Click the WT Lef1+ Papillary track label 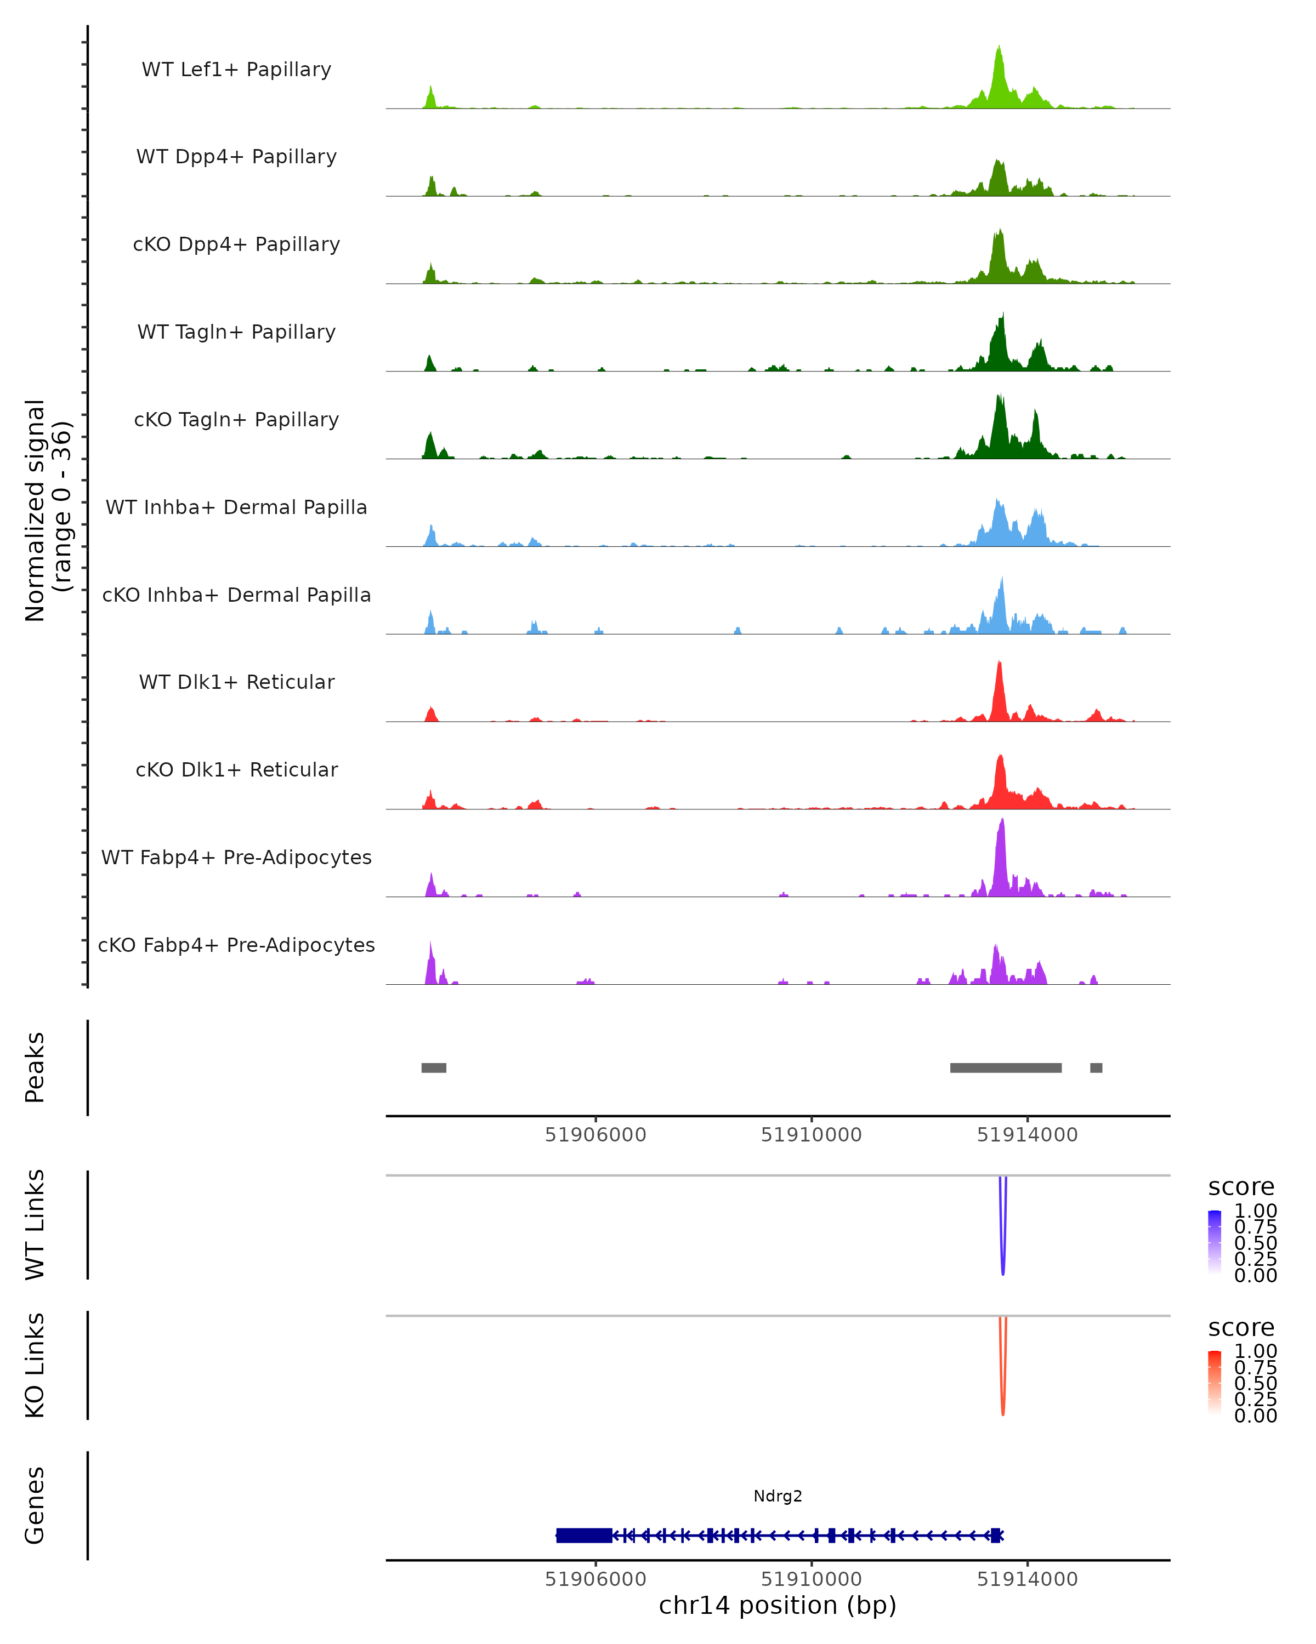coord(236,70)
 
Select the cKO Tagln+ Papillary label coord(236,419)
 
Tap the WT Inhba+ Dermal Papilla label coord(236,507)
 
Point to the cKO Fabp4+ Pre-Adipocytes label coord(236,945)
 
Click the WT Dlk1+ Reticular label coord(236,682)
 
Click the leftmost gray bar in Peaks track coord(433,1068)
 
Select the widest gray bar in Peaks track coord(1006,1068)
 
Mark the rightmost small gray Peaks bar coord(1096,1068)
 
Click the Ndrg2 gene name coord(778,1496)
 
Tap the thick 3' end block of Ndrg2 coord(583,1535)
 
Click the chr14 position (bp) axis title coord(778,1606)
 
